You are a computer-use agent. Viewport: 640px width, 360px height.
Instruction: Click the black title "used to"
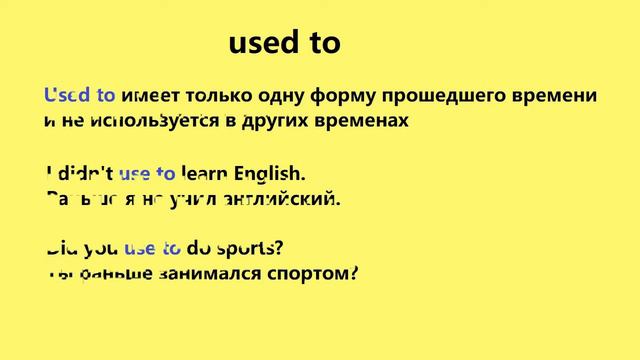click(285, 42)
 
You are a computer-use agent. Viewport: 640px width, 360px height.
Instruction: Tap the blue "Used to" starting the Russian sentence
click(80, 96)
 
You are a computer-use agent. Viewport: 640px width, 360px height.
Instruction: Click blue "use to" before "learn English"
click(147, 174)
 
